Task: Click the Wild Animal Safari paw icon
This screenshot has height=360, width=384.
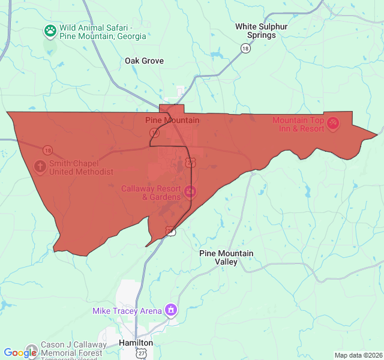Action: click(x=50, y=30)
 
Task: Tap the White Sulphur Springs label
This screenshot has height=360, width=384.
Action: click(x=261, y=31)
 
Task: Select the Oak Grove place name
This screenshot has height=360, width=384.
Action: click(x=144, y=61)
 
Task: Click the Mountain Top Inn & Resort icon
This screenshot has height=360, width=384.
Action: click(x=333, y=124)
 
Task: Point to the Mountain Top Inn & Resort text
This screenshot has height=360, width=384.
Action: click(x=298, y=124)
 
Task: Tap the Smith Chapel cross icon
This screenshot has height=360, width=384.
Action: click(x=40, y=166)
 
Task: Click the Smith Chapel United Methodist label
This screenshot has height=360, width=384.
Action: click(x=81, y=167)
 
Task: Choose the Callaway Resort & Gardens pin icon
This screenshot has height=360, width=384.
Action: click(x=190, y=192)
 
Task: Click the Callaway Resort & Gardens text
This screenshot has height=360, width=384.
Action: click(x=151, y=193)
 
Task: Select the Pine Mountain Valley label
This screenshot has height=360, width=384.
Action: click(x=226, y=257)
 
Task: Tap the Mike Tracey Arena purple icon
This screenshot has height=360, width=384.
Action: click(x=171, y=310)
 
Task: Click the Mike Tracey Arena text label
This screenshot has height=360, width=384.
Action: click(x=127, y=311)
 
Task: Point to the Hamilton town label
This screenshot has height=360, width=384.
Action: click(x=136, y=343)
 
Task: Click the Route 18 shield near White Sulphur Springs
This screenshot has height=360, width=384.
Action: click(x=245, y=48)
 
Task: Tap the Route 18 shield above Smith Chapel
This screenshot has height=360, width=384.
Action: click(x=47, y=150)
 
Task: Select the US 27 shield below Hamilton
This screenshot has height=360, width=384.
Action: click(x=140, y=354)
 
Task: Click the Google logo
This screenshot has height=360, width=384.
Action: click(x=20, y=353)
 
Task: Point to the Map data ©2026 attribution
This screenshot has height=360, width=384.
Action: click(x=358, y=355)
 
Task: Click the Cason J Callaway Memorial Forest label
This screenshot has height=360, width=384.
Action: click(x=73, y=349)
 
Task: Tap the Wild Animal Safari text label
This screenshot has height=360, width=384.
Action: click(x=103, y=32)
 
